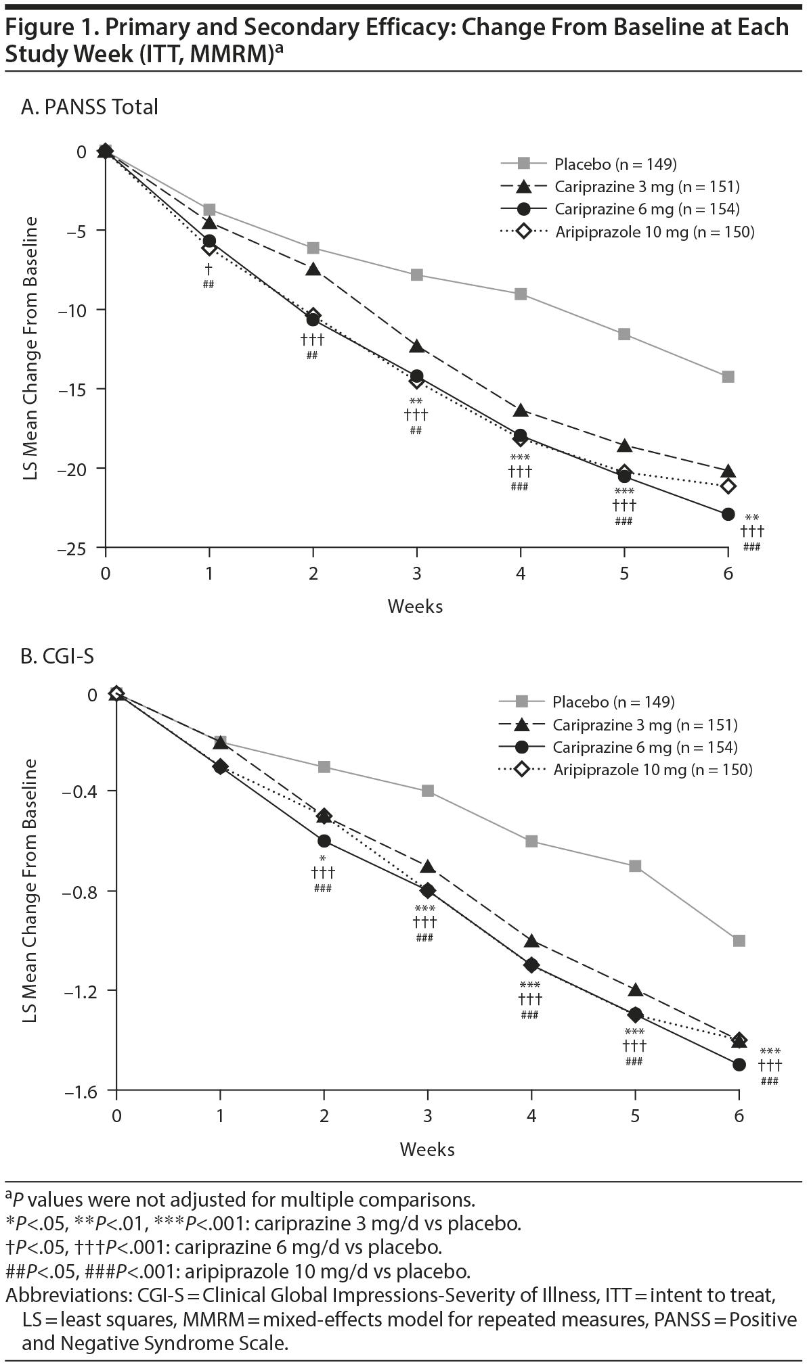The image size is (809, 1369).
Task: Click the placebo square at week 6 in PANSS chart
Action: coord(728,377)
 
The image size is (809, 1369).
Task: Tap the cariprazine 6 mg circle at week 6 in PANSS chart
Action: coord(728,514)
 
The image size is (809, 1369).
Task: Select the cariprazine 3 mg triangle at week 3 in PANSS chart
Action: coord(416,347)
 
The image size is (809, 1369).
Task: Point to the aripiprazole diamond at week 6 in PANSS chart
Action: coord(728,486)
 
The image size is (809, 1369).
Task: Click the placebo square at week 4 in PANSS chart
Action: coord(521,294)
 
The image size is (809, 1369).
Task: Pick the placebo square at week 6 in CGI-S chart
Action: coord(739,940)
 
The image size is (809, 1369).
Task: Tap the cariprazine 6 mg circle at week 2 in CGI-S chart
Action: coord(324,841)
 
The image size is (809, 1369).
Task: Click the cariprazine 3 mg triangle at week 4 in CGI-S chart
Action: coord(531,941)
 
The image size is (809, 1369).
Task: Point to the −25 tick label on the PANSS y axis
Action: coord(72,548)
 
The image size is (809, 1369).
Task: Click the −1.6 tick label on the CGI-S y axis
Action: coord(81,1091)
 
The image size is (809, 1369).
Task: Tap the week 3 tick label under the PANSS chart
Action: coord(416,574)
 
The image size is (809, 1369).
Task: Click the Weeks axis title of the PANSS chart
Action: coord(415,606)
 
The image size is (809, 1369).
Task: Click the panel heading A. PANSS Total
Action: coord(89,107)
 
